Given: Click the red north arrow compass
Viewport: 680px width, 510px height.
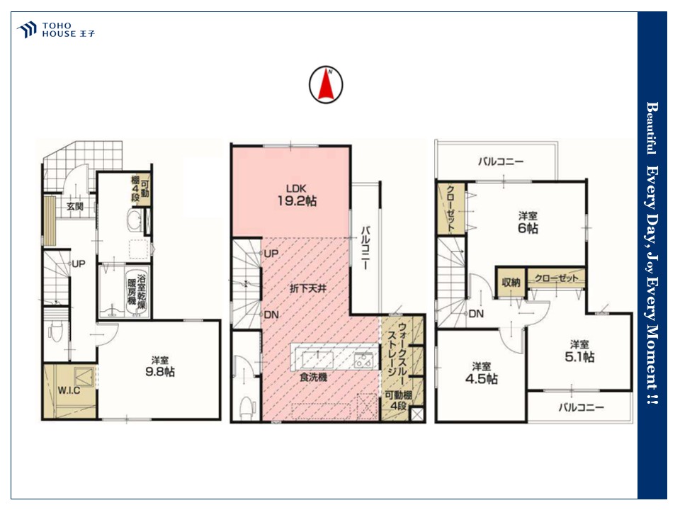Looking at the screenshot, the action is coord(326,84).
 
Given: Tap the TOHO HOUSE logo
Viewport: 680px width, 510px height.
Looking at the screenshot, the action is coord(55,30).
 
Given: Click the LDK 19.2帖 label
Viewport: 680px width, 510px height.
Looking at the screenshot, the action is coord(297,195).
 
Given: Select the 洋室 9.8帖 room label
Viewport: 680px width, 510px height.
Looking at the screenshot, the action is coord(160,366).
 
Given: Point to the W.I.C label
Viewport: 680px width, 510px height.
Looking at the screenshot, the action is coord(69,390).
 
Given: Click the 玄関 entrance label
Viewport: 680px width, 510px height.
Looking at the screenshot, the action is coord(75,206).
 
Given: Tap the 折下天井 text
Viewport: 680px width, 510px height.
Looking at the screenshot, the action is coord(308,288).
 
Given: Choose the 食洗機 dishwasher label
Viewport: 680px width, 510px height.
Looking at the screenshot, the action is coord(313,378).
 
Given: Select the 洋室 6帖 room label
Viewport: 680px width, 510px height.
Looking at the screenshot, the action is coord(528,222).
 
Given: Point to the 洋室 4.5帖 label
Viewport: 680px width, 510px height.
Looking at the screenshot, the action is coord(482,373).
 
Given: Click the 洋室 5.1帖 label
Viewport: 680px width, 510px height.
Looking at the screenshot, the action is coord(579,351).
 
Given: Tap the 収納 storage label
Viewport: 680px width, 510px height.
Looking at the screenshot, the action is coord(511,283).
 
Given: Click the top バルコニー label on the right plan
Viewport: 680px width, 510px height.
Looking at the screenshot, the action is coord(501,161).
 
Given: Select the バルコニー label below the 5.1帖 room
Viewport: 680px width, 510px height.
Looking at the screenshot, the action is coord(581,407).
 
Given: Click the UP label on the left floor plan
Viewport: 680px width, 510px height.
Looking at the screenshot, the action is coord(78,263).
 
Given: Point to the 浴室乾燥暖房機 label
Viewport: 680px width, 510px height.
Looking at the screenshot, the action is coord(137,290).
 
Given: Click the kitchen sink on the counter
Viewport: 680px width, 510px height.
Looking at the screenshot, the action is coord(318,361).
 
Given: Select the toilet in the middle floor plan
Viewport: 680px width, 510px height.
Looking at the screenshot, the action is coord(246,406).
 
